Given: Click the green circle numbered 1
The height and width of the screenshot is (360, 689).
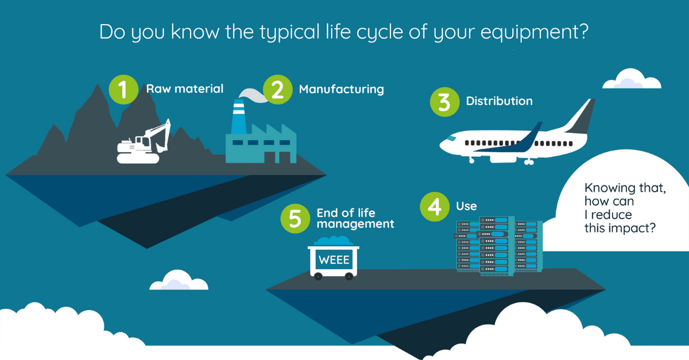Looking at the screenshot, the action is click(x=123, y=90).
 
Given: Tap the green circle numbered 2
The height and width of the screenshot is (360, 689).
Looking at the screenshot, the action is click(x=277, y=90).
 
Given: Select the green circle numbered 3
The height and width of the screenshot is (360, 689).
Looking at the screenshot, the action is click(x=444, y=102).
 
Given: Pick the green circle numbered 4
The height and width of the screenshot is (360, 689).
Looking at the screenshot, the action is click(x=435, y=207).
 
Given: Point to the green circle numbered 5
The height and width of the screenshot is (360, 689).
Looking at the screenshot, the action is click(x=295, y=218).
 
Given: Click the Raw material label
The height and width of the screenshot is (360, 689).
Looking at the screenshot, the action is click(x=184, y=89).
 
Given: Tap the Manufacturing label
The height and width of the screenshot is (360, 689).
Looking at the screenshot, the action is click(x=342, y=90).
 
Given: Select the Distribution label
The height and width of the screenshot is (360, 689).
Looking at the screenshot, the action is click(x=499, y=101).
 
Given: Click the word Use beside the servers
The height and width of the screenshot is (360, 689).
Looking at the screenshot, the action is click(x=466, y=206).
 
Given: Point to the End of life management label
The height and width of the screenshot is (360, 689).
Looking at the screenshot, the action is click(x=355, y=218).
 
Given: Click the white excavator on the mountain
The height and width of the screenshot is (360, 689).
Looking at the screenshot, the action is click(x=144, y=142).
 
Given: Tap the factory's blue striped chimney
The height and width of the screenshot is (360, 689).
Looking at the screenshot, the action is click(x=238, y=117).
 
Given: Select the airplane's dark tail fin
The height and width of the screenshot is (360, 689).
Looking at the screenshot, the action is click(x=580, y=118).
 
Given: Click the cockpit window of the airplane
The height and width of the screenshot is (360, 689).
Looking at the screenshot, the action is click(x=451, y=138).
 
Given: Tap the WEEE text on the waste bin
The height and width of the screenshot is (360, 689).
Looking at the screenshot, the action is click(x=334, y=260).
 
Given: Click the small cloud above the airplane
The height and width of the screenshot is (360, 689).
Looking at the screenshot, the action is click(x=632, y=79).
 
